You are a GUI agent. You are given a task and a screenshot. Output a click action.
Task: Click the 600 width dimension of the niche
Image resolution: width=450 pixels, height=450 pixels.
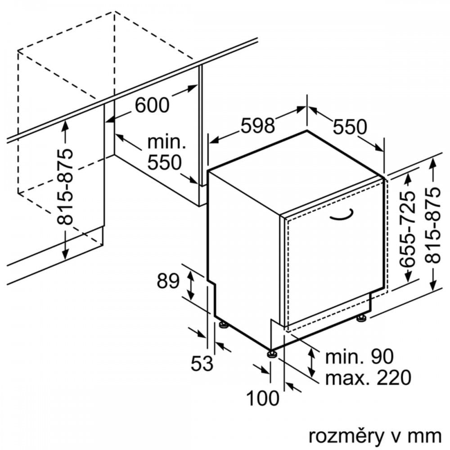coord(152,105)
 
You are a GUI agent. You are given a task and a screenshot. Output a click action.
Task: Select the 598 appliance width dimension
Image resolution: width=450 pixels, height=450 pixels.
coord(257,126)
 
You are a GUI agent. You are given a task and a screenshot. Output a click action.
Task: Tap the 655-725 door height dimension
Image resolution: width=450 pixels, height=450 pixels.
coord(409,229)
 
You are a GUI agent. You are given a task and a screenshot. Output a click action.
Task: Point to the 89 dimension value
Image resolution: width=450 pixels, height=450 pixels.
coord(168,281)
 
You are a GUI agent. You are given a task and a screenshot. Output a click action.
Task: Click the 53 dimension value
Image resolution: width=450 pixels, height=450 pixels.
coord(202,363)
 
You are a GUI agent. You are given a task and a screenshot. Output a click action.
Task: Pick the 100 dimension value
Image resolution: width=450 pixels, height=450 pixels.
coord(263,398)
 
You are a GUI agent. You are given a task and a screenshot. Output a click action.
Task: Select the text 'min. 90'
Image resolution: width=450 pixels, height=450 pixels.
coord(359,357)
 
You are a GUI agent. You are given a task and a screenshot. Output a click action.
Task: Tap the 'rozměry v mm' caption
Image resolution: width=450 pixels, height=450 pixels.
coord(375,436)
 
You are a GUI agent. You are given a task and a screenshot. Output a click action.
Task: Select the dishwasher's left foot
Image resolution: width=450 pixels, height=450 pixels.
coord(223,324)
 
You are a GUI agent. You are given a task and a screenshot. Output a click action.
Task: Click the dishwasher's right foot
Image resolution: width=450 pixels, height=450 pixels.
coord(361,318)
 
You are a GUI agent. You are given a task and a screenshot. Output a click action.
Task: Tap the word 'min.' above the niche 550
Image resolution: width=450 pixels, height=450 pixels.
coord(166,142)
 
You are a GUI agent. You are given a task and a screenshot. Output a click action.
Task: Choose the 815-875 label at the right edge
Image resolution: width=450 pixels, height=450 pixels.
coord(433,225)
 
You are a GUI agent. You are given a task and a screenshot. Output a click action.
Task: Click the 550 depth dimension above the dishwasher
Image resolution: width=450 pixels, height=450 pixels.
coord(350,127)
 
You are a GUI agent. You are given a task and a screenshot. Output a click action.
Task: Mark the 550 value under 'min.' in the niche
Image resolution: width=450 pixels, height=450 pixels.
coord(164,162)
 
